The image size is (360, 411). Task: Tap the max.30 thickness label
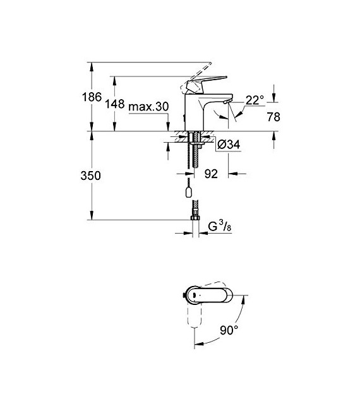click(148, 107)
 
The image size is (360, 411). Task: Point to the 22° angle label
click(255, 100)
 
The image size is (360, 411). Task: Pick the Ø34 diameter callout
click(229, 145)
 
